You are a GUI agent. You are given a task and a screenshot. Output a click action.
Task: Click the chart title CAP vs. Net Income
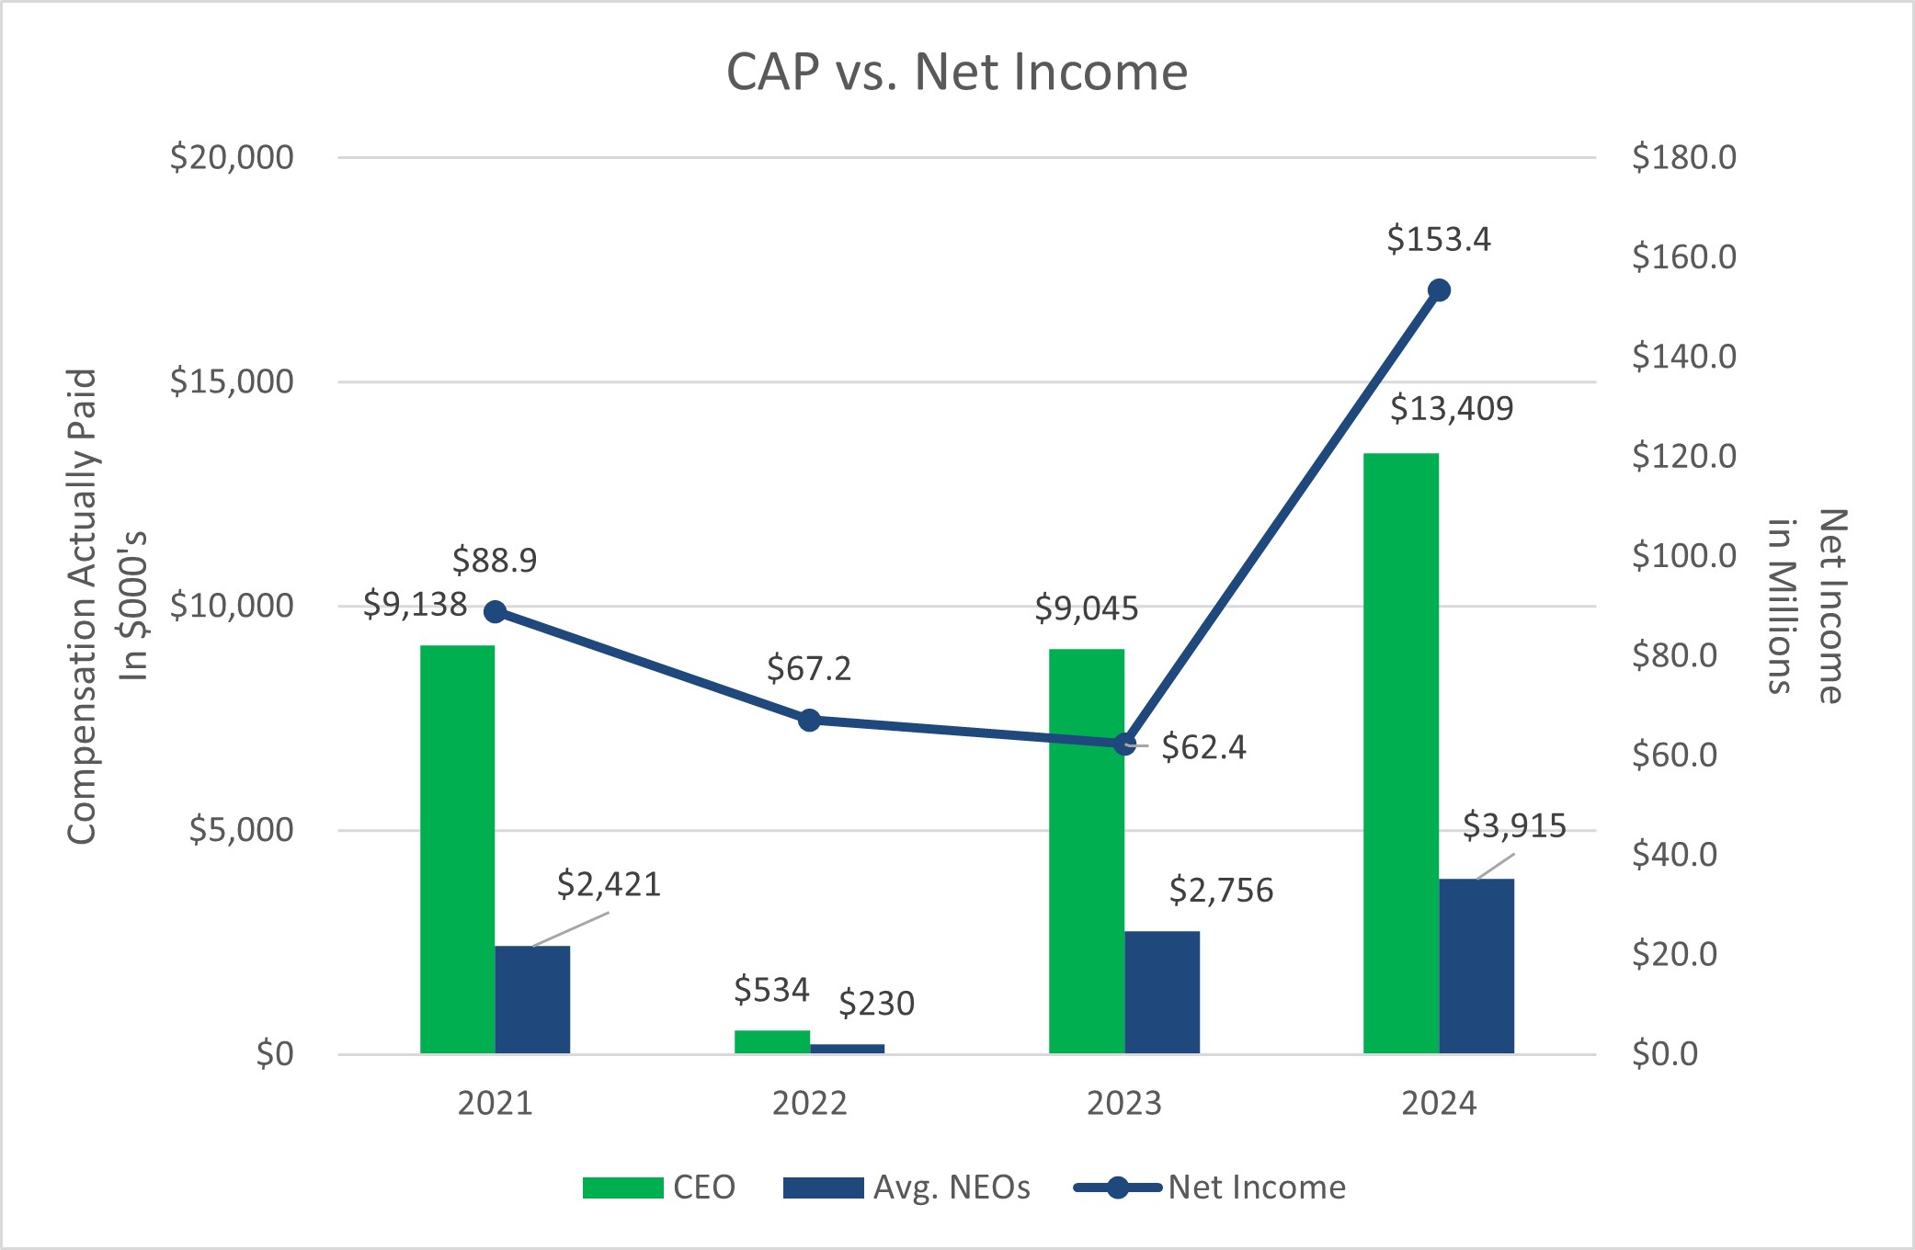point(956,72)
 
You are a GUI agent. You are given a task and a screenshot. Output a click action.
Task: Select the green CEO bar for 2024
point(1400,754)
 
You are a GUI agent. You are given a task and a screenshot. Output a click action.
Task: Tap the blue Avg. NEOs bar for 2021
point(532,999)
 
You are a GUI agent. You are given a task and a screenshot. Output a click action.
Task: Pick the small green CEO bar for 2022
point(771,1041)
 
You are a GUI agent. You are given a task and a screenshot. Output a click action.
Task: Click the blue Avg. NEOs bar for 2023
point(1161,992)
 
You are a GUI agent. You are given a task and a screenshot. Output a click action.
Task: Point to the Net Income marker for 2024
point(1439,290)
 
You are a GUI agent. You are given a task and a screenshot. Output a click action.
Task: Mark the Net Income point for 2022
point(809,720)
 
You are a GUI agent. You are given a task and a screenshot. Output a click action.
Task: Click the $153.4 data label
point(1438,240)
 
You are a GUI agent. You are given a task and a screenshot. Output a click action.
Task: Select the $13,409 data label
point(1451,408)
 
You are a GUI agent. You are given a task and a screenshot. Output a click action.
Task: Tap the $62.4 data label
point(1203,747)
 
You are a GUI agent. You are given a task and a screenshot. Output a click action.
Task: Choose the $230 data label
point(876,1003)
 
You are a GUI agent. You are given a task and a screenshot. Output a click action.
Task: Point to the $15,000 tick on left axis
point(232,381)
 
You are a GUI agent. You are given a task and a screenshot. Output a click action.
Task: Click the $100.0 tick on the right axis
point(1683,556)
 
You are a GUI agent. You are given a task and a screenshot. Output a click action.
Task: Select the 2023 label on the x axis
point(1123,1103)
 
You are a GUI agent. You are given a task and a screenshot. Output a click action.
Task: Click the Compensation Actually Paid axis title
point(83,607)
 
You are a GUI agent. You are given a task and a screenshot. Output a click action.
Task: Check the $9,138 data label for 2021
point(415,605)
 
